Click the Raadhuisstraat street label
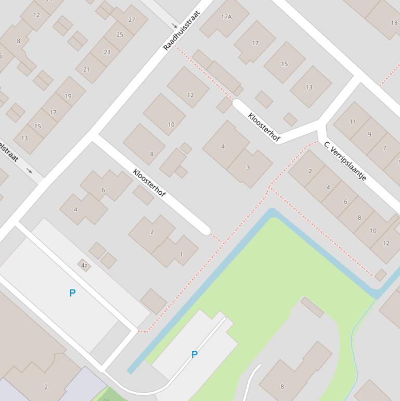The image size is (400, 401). point(182,31)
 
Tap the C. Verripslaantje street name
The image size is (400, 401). point(345,161)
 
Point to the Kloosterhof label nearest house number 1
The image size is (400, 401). point(149,183)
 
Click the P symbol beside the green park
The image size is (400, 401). point(195,355)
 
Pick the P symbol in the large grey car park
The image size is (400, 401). point(72,293)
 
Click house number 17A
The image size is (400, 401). point(226,17)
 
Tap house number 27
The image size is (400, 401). point(132,20)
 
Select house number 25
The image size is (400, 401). point(120,35)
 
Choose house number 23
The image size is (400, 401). point(107,52)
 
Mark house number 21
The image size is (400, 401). point(86,69)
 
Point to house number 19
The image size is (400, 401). point(68,96)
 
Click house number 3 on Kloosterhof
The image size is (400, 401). point(248,167)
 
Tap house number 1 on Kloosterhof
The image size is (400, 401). point(181,254)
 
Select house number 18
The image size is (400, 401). point(394,22)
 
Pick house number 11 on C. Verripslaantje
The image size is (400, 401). point(353,121)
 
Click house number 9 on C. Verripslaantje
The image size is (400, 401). point(369,134)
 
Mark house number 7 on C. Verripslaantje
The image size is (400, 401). point(384,148)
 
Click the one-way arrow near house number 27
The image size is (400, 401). point(175,25)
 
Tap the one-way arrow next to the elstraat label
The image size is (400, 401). point(29,171)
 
